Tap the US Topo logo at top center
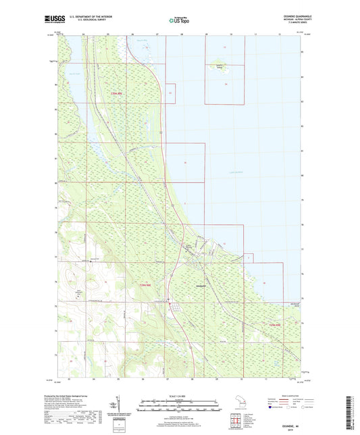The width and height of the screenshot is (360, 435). (177, 20)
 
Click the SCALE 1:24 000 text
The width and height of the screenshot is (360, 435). (179, 394)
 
